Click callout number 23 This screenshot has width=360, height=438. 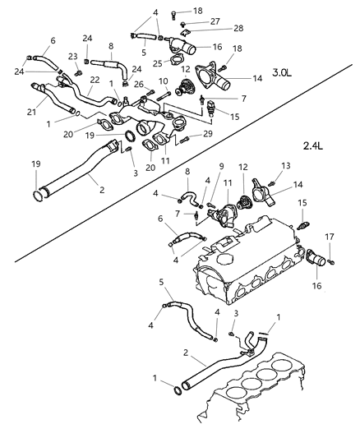tap(72, 56)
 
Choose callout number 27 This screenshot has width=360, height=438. tap(214, 21)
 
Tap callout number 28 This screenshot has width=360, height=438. tap(238, 28)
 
